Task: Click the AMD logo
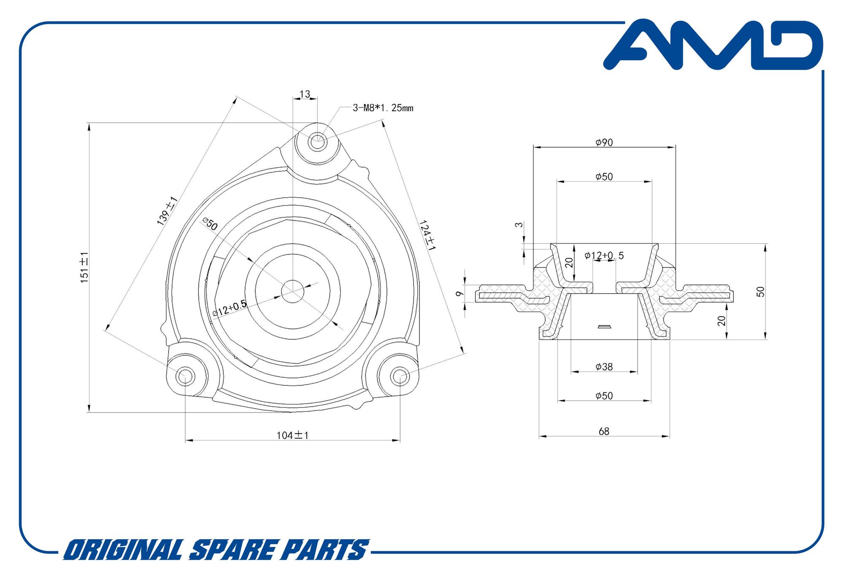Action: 713,45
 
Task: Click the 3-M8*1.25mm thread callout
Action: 383,108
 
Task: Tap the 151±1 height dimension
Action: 84,267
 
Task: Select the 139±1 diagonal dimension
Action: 167,211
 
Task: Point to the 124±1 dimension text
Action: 427,235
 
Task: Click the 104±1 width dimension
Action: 292,435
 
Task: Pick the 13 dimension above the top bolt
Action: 305,94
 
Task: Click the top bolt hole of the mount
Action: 317,141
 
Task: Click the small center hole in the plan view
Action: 292,291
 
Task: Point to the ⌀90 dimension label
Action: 604,143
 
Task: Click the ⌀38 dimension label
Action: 604,367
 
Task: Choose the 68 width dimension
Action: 604,431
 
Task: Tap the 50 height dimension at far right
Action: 760,292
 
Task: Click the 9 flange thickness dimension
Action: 460,293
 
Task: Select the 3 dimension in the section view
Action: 519,225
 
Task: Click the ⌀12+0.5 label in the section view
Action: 604,255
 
